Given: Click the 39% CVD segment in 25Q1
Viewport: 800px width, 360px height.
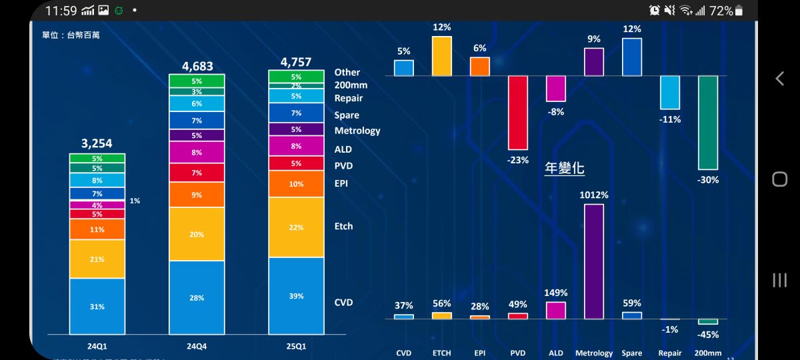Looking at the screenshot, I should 296,296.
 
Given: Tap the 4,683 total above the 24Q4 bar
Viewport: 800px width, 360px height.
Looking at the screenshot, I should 197,66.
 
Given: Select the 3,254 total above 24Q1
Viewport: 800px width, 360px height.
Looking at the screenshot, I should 97,143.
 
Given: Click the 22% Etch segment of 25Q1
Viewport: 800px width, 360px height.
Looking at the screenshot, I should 296,227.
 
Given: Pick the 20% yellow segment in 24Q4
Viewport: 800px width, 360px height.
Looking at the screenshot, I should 197,234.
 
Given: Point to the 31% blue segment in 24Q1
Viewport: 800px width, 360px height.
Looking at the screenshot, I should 97,306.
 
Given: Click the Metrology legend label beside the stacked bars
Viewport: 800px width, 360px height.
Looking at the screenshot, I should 357,131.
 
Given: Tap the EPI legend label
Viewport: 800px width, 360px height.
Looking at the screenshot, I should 341,183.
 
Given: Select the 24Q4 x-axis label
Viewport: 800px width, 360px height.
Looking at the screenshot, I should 197,347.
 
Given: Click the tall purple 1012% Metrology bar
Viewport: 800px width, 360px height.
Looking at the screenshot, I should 594,261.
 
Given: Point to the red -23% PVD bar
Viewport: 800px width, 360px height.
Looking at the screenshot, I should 518,112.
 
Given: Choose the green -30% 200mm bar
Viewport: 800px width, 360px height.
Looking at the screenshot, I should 708,122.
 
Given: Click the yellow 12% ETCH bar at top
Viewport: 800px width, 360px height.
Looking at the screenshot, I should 442,56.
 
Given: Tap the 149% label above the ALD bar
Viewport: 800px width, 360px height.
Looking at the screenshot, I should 555,293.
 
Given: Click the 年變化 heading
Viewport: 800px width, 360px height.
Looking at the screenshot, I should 565,168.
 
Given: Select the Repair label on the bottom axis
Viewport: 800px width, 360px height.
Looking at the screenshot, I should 670,353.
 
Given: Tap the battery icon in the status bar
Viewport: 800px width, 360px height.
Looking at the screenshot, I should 742,11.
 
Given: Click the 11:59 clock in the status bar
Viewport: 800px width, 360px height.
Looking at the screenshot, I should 61,11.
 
